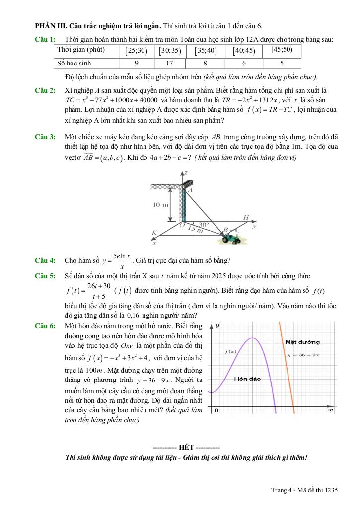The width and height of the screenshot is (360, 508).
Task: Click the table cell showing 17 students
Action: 170,63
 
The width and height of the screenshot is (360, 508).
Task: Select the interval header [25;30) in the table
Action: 136,50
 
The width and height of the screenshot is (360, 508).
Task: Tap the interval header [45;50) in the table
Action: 282,50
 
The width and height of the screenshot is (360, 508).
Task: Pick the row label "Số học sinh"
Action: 74,63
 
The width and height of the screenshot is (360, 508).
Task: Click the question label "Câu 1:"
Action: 45,39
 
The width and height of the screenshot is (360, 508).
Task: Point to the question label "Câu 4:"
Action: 45,260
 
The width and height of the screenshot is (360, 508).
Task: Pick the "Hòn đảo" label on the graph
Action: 247,378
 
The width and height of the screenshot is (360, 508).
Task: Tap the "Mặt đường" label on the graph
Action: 302,342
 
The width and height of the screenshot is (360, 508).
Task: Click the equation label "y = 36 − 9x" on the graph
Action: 303,355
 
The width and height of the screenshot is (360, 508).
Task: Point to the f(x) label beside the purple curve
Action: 230,351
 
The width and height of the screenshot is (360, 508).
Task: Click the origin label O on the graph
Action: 216,411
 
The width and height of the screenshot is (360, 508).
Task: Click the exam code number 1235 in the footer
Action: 329,490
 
